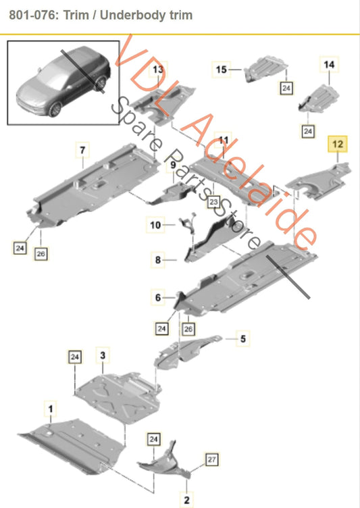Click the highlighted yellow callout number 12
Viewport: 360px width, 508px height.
tap(337, 144)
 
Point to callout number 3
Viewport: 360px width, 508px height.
tap(103, 355)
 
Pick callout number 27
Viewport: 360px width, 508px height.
tap(211, 459)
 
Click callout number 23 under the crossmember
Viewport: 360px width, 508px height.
tap(213, 201)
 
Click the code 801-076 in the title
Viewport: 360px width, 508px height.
tap(33, 14)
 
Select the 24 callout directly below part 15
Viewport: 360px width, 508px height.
tap(286, 88)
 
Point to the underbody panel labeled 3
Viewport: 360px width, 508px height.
tap(115, 392)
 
